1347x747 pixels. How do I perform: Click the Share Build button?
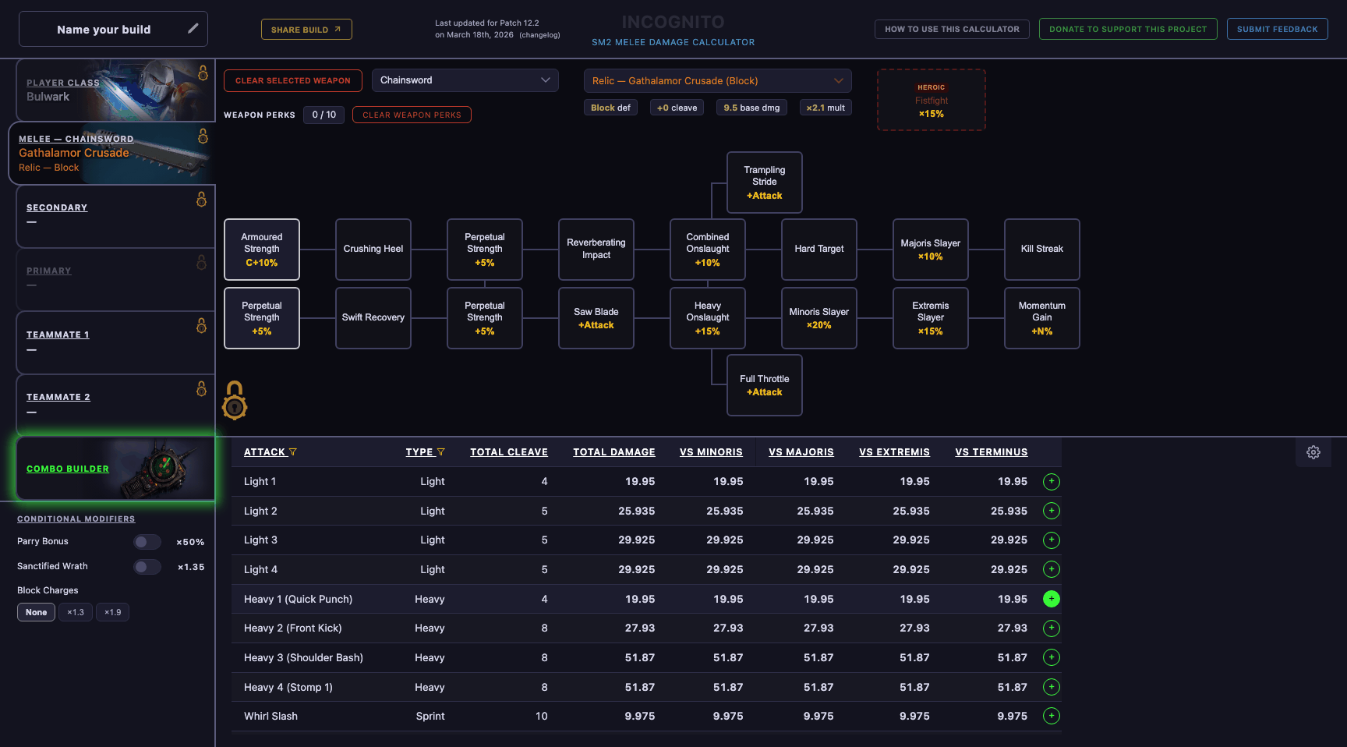[306, 30]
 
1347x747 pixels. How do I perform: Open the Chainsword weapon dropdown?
[465, 80]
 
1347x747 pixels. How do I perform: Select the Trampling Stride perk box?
[764, 182]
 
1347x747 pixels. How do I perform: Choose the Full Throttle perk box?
[764, 385]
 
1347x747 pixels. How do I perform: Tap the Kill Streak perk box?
[1041, 250]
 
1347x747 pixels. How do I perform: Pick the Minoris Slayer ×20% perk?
[818, 318]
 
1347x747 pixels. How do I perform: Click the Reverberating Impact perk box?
[596, 250]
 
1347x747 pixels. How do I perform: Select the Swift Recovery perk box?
[373, 318]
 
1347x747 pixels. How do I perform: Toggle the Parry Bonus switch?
[147, 542]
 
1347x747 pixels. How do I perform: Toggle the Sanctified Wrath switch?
[147, 567]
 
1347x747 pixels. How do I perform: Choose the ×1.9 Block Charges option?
[112, 612]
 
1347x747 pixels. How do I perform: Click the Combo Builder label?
[68, 469]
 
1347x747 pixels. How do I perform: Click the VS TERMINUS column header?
[991, 452]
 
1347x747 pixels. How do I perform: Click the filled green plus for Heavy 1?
[1051, 599]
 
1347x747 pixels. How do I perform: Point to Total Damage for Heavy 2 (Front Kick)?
[637, 628]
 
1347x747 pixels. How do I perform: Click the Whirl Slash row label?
[270, 717]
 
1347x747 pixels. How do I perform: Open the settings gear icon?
[1313, 452]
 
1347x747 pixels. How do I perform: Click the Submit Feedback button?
[1277, 30]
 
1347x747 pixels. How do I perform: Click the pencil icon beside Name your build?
[193, 29]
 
